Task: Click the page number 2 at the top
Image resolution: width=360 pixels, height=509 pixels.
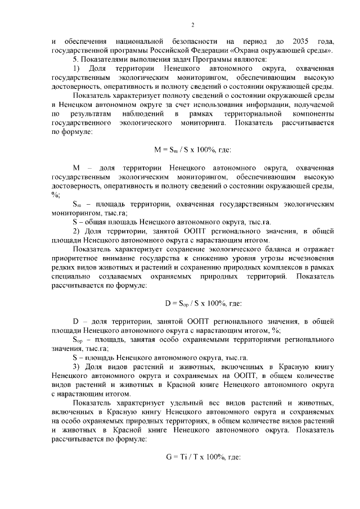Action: click(x=192, y=24)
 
